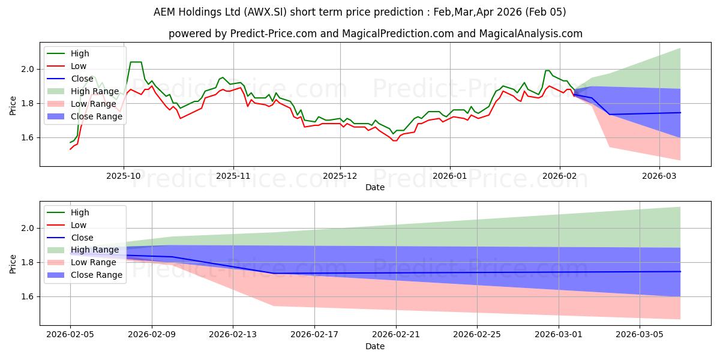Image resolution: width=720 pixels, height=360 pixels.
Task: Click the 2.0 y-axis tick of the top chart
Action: click(29, 69)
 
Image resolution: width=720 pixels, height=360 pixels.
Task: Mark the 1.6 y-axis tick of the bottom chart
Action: click(29, 296)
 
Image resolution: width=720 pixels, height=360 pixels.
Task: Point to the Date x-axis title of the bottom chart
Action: click(375, 347)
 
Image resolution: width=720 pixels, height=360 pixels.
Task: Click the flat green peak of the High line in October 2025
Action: click(136, 62)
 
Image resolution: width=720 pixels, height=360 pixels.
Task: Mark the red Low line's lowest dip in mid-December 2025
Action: click(394, 140)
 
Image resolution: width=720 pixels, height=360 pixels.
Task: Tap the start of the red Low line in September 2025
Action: click(70, 149)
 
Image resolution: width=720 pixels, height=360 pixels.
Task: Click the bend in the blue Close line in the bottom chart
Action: click(274, 274)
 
